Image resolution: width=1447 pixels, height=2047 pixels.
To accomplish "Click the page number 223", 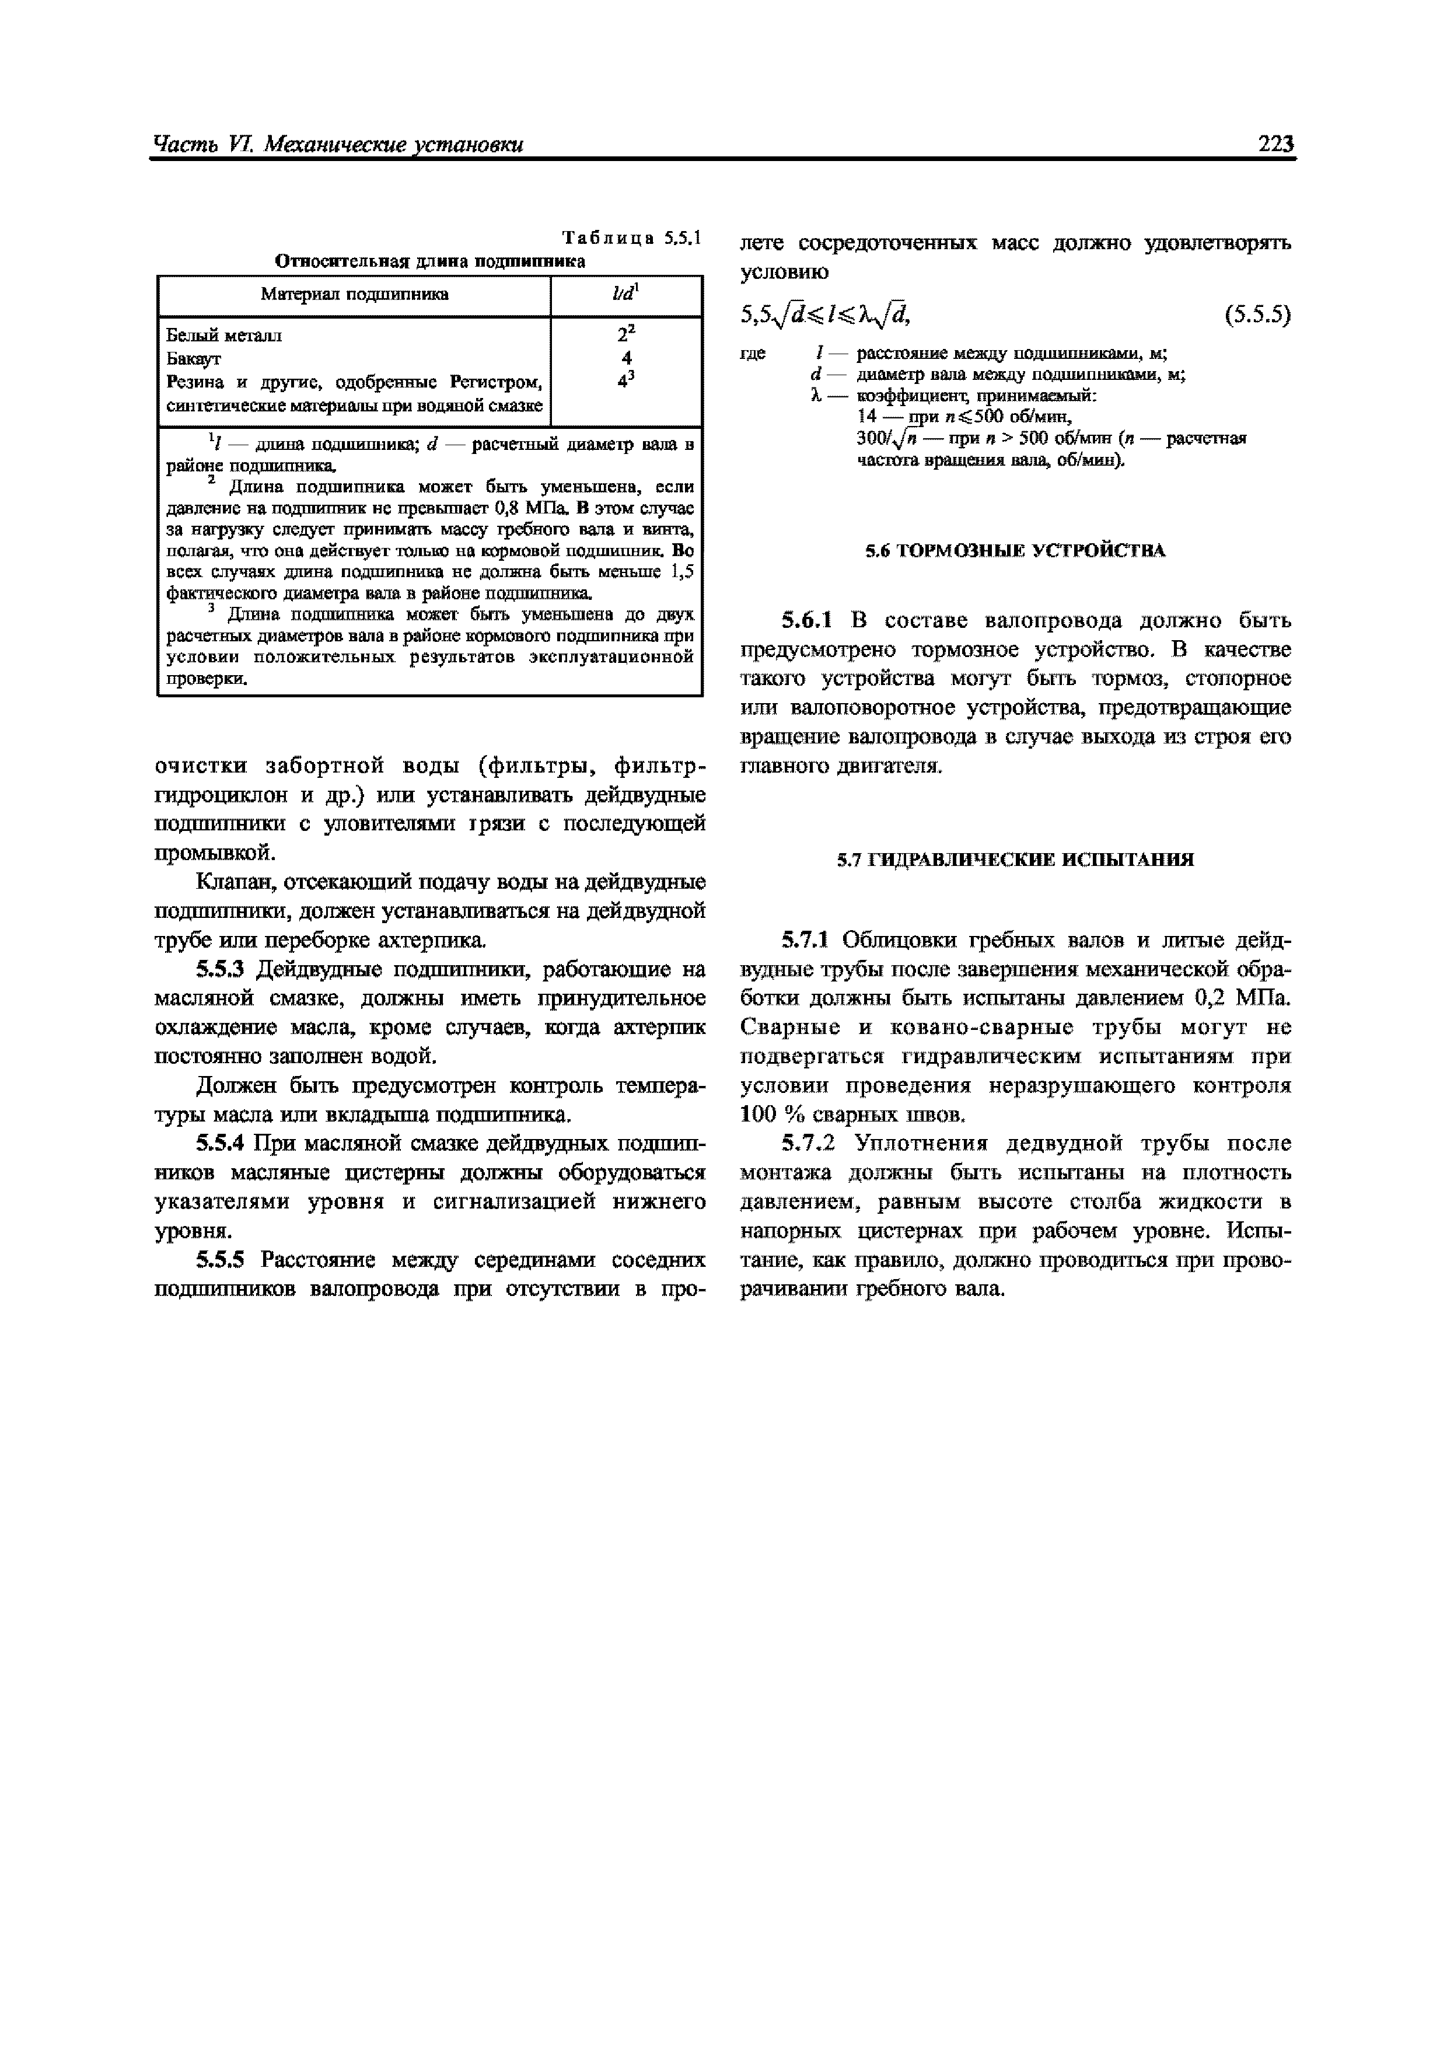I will tap(1275, 144).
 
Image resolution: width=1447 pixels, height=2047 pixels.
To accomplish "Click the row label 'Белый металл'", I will tap(224, 336).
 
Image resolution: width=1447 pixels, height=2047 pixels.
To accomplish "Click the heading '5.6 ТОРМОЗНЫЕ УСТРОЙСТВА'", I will tap(1015, 551).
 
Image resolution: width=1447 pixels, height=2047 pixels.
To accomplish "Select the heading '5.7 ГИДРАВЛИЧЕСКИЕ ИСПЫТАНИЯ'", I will tap(1015, 860).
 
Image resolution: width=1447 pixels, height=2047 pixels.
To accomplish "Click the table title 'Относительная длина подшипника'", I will tap(430, 261).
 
